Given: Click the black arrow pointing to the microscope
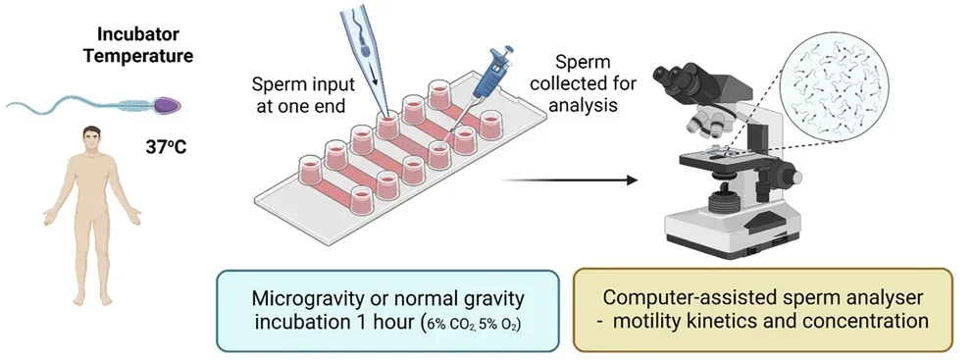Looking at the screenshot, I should click(x=569, y=180).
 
